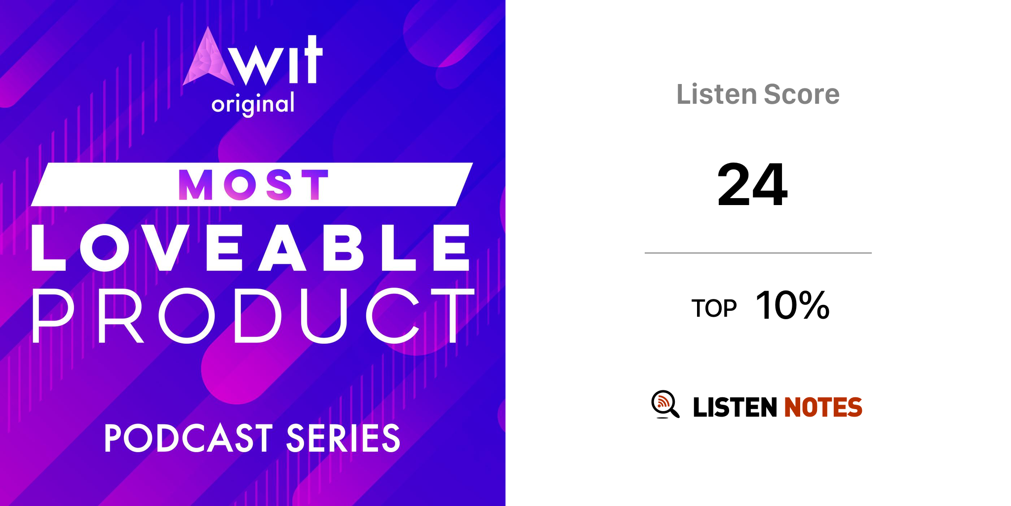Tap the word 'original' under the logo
pyautogui.click(x=253, y=104)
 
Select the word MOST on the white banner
pyautogui.click(x=253, y=185)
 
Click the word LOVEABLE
pyautogui.click(x=251, y=248)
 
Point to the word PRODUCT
pyautogui.click(x=253, y=316)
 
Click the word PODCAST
pyautogui.click(x=189, y=438)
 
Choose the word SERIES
pyautogui.click(x=343, y=438)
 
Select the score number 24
pyautogui.click(x=752, y=185)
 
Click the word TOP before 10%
pyautogui.click(x=714, y=308)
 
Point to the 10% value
pyautogui.click(x=793, y=305)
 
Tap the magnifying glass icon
pyautogui.click(x=665, y=404)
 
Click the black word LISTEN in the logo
pyautogui.click(x=735, y=408)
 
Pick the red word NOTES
pyautogui.click(x=823, y=408)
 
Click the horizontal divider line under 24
pyautogui.click(x=758, y=253)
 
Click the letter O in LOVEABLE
pyautogui.click(x=105, y=248)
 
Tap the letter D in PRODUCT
pyautogui.click(x=258, y=316)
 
